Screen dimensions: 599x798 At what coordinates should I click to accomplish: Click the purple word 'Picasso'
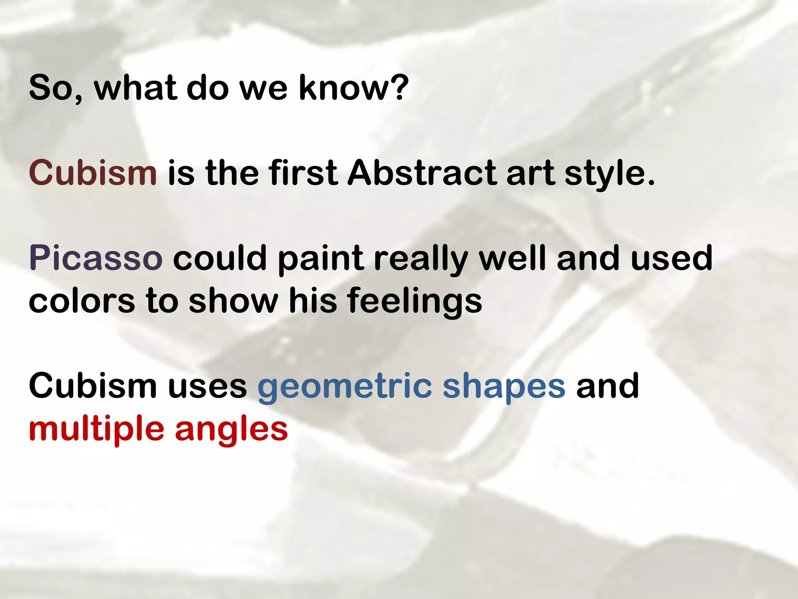pyautogui.click(x=95, y=258)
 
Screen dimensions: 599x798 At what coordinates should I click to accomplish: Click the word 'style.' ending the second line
pyautogui.click(x=610, y=174)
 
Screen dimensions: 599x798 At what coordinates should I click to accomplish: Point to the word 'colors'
pyautogui.click(x=81, y=301)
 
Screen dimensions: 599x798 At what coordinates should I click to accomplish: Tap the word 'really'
pyautogui.click(x=420, y=259)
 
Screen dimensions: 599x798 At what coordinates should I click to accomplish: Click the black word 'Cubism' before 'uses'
pyautogui.click(x=93, y=386)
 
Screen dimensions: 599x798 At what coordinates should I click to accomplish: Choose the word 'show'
pyautogui.click(x=233, y=301)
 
